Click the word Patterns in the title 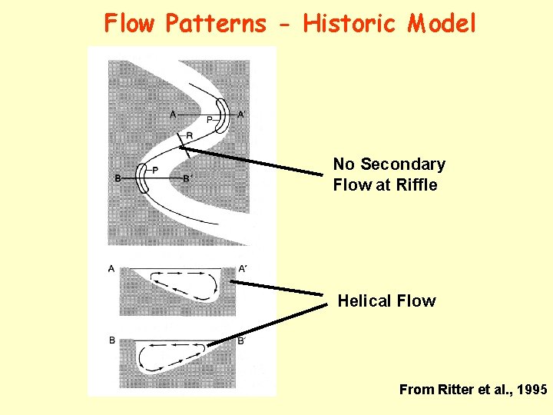pos(215,24)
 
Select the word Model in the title pos(442,24)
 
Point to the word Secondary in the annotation pos(402,164)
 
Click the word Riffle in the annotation pos(418,185)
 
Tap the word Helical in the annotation pos(363,301)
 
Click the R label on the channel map pos(188,137)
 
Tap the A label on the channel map pos(174,115)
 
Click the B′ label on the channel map pos(187,179)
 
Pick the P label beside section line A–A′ pos(210,120)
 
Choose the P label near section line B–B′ pos(155,170)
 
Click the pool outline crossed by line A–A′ pos(221,115)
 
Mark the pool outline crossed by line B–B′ pos(143,179)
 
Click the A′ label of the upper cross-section pos(243,268)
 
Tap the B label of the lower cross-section pos(112,340)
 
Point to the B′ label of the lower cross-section pos(241,340)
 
